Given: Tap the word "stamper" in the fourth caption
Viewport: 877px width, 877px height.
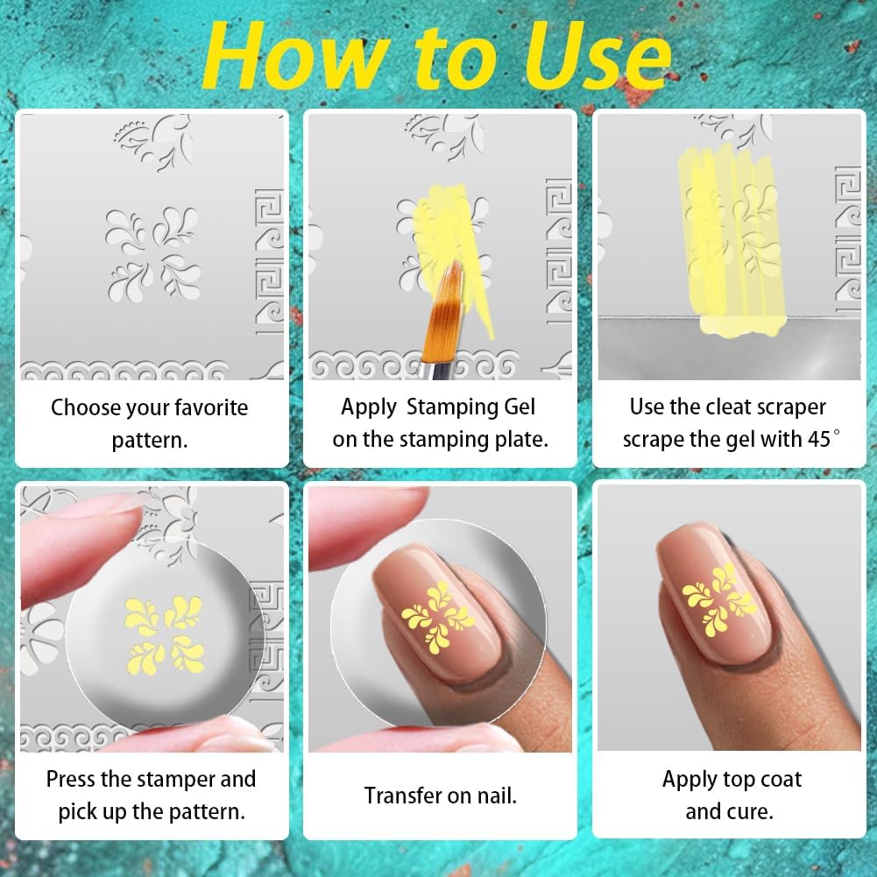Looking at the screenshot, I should pyautogui.click(x=167, y=779).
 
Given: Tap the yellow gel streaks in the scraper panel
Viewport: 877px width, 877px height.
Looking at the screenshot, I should pyautogui.click(x=732, y=237).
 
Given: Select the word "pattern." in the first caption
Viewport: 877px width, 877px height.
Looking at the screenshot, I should pyautogui.click(x=150, y=439).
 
